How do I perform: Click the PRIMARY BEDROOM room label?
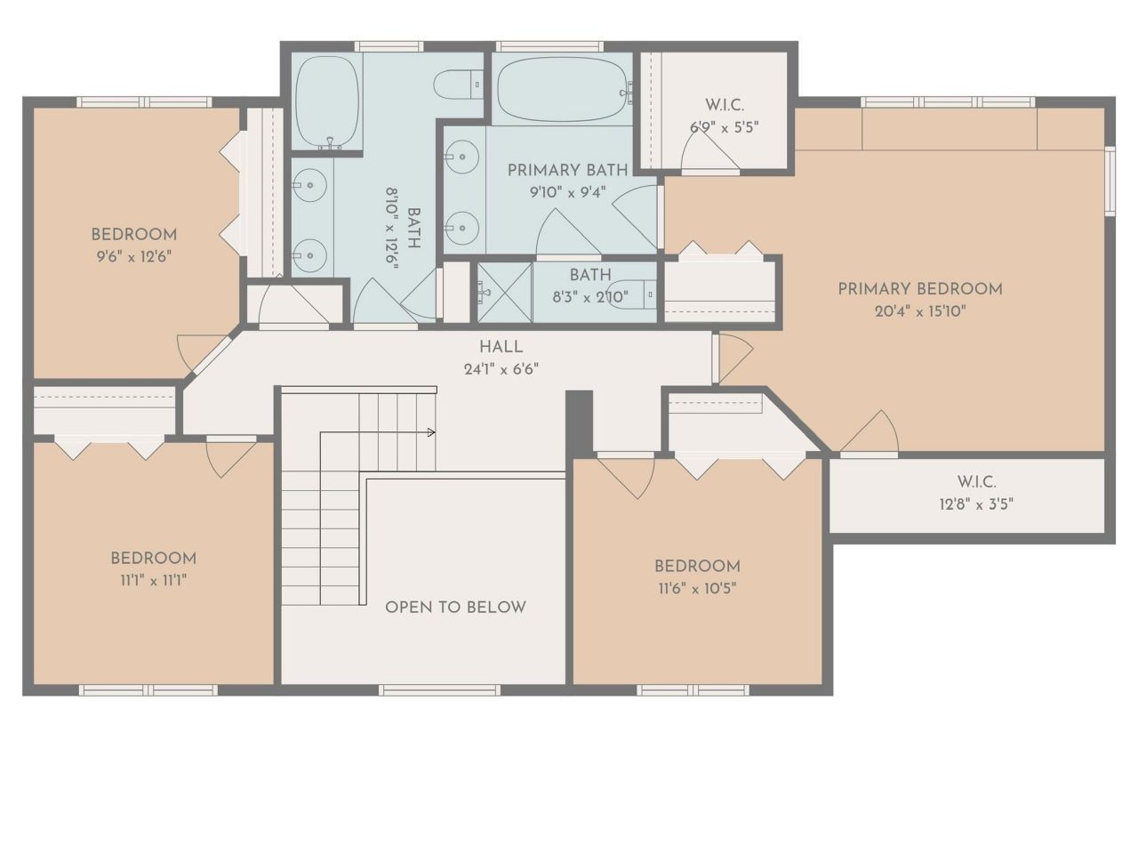pyautogui.click(x=919, y=288)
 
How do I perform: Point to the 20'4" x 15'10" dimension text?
pyautogui.click(x=919, y=311)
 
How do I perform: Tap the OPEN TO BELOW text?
pyautogui.click(x=455, y=607)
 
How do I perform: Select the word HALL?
pyautogui.click(x=501, y=347)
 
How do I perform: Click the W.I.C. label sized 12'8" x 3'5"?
pyautogui.click(x=975, y=481)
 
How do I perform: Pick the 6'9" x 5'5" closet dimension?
pyautogui.click(x=724, y=127)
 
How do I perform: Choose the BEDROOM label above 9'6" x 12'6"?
pyautogui.click(x=133, y=235)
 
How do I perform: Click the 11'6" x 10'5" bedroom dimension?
pyautogui.click(x=696, y=588)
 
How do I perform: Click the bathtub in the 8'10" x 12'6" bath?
pyautogui.click(x=326, y=100)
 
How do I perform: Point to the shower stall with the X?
pyautogui.click(x=504, y=292)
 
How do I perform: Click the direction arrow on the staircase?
pyautogui.click(x=430, y=432)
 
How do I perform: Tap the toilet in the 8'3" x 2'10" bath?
pyautogui.click(x=633, y=293)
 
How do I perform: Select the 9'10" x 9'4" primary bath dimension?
pyautogui.click(x=567, y=191)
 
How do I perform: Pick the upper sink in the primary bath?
pyautogui.click(x=461, y=157)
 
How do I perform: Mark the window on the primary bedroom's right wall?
pyautogui.click(x=1109, y=181)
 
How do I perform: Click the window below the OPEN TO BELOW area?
pyautogui.click(x=438, y=689)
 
